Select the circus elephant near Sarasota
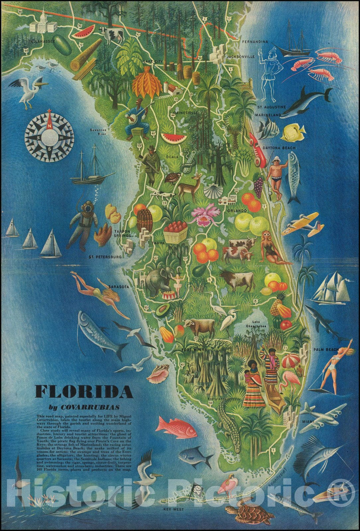[x=155, y=281]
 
